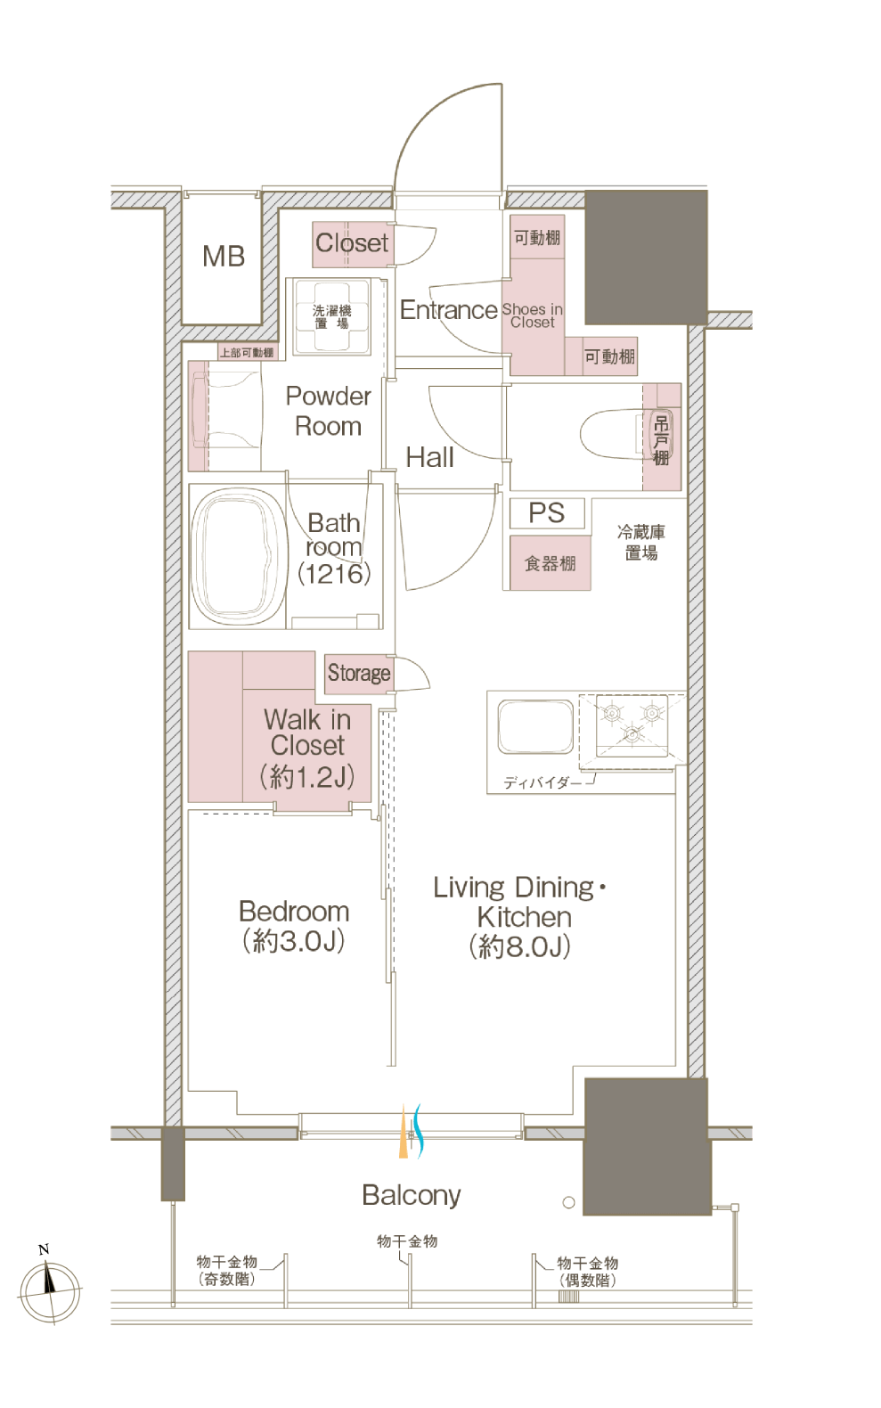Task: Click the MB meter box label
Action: pos(224,257)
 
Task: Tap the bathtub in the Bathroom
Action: pos(238,556)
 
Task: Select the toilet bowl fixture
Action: pos(619,434)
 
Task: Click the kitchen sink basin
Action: pos(535,726)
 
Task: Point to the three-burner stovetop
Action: pos(632,724)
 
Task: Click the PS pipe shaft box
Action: pos(547,513)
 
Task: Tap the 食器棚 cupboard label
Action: pos(550,563)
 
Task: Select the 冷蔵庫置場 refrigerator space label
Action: pos(641,543)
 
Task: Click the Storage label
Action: pos(359,673)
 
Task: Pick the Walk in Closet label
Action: pos(307,748)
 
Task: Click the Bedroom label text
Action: pos(294,912)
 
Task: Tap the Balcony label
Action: pos(412,1196)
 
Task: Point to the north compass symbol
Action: pos(50,1289)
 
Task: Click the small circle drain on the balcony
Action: pos(568,1202)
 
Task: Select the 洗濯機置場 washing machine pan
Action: pos(331,317)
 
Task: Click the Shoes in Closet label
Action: pos(532,315)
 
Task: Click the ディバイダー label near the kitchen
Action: pos(542,782)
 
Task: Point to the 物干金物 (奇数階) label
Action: pos(227,1271)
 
